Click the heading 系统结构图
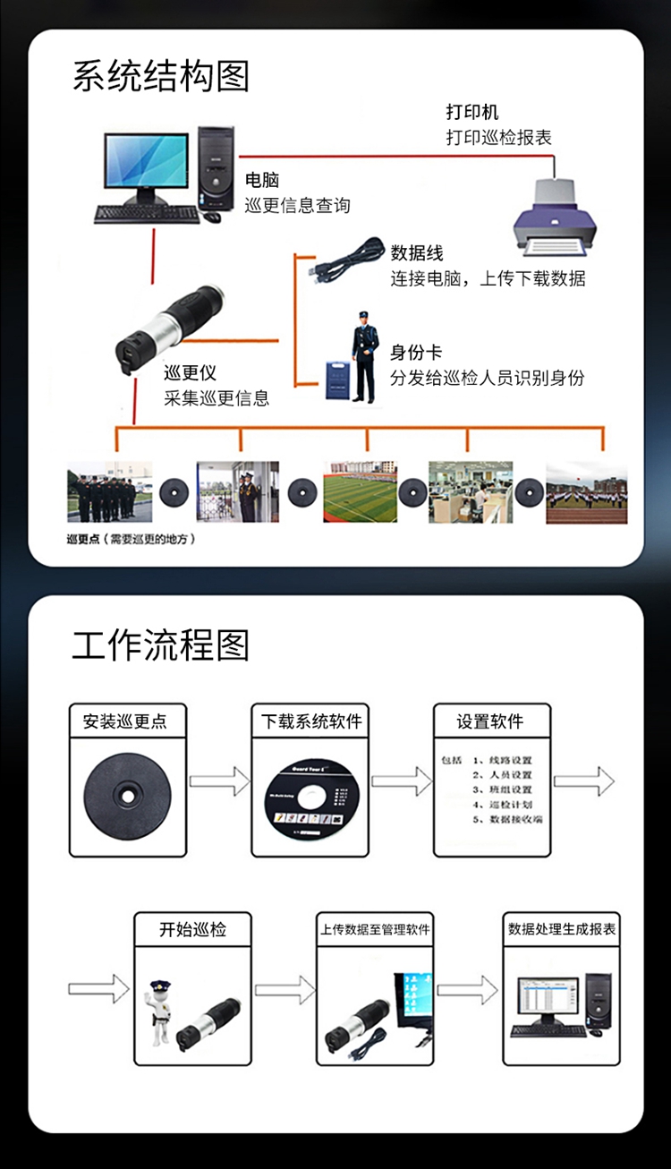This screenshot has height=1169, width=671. [161, 77]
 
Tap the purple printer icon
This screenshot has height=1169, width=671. [554, 217]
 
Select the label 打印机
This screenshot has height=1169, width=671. [472, 113]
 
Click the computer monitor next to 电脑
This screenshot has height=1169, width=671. [147, 163]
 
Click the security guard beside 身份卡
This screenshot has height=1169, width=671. [364, 355]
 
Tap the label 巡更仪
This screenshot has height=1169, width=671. [190, 373]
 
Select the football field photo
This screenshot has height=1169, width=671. [361, 491]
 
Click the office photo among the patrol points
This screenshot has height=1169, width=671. [471, 491]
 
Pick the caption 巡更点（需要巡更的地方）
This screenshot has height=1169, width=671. [131, 540]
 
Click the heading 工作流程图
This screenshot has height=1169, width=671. [161, 645]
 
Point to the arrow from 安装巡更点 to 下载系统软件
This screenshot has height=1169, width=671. [219, 781]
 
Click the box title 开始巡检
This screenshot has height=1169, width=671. [193, 929]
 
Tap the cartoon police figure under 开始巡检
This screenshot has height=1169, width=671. [160, 1011]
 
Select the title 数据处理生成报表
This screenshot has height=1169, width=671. [562, 929]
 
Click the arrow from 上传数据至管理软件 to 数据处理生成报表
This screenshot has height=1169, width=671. [466, 990]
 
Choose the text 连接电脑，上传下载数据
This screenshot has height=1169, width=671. [488, 278]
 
